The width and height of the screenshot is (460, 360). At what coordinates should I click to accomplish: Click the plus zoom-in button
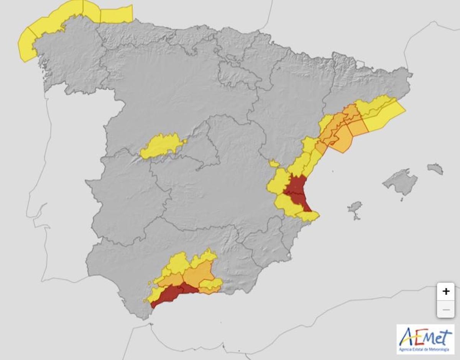445,291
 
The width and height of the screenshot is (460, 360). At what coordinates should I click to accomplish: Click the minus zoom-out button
445,309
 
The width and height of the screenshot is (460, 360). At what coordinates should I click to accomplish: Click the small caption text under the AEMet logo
425,349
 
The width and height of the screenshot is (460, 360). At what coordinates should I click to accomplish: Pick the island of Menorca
435,168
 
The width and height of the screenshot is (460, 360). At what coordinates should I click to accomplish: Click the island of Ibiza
355,207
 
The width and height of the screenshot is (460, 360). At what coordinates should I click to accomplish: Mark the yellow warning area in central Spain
161,146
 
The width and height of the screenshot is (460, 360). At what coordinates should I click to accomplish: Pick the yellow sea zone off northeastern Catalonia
383,115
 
